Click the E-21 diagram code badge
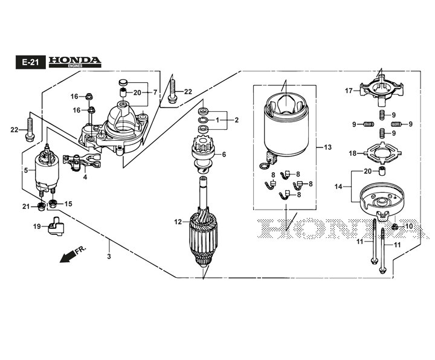coord(29,62)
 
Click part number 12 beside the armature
coord(178,222)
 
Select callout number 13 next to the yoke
coord(328,147)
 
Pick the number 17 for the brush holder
coord(349,91)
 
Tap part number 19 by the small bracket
coord(37,226)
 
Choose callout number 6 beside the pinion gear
coord(224,155)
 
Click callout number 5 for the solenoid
coord(25,171)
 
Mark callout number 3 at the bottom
coord(109,258)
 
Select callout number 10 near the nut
coord(409,226)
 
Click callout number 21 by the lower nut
coord(26,207)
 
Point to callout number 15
coord(68,204)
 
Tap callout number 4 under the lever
coord(85,177)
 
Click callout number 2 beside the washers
coord(237,120)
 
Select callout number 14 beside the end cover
coord(338,187)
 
